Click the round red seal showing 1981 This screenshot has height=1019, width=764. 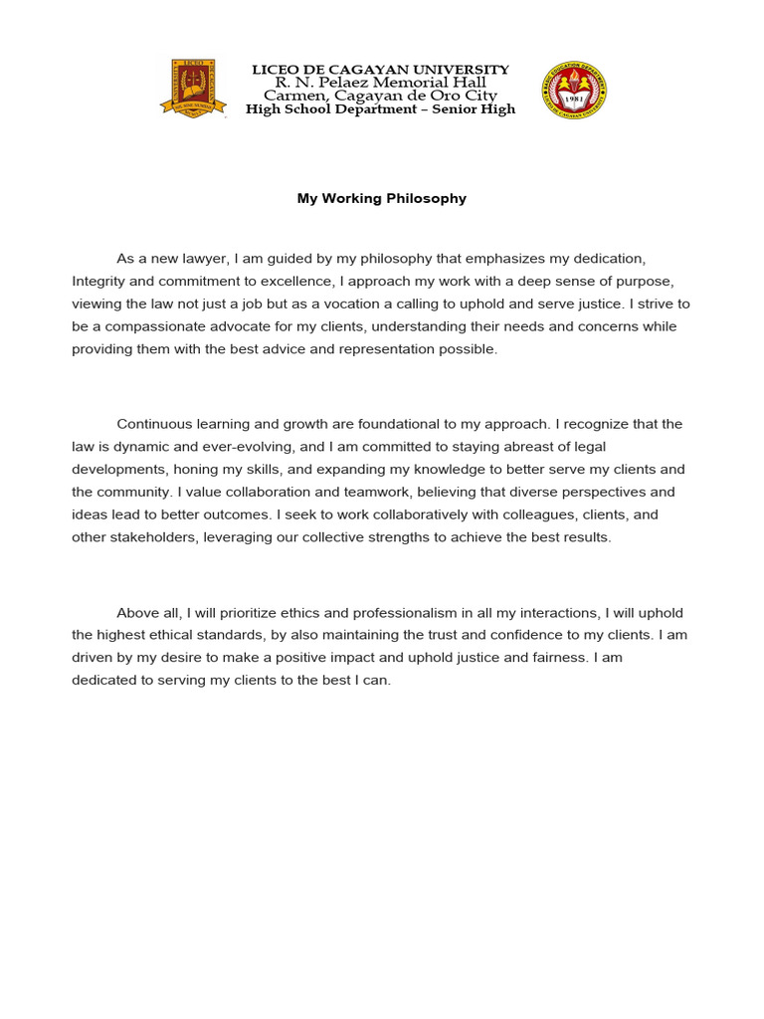click(x=573, y=91)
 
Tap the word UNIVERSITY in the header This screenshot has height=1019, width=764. click(x=460, y=70)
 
